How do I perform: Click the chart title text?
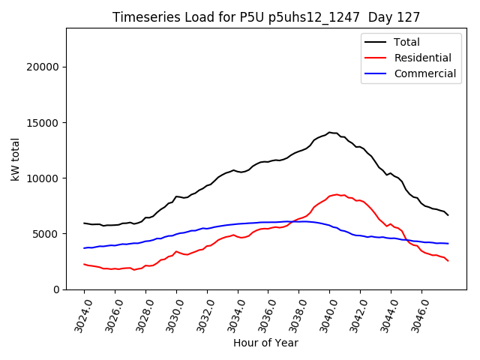click(x=266, y=17)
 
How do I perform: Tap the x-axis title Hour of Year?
click(x=265, y=343)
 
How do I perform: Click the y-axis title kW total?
click(x=16, y=159)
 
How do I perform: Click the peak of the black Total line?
click(x=328, y=132)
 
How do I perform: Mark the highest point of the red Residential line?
click(x=336, y=194)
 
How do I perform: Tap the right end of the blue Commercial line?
click(x=448, y=244)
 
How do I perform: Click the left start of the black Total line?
click(x=84, y=223)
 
